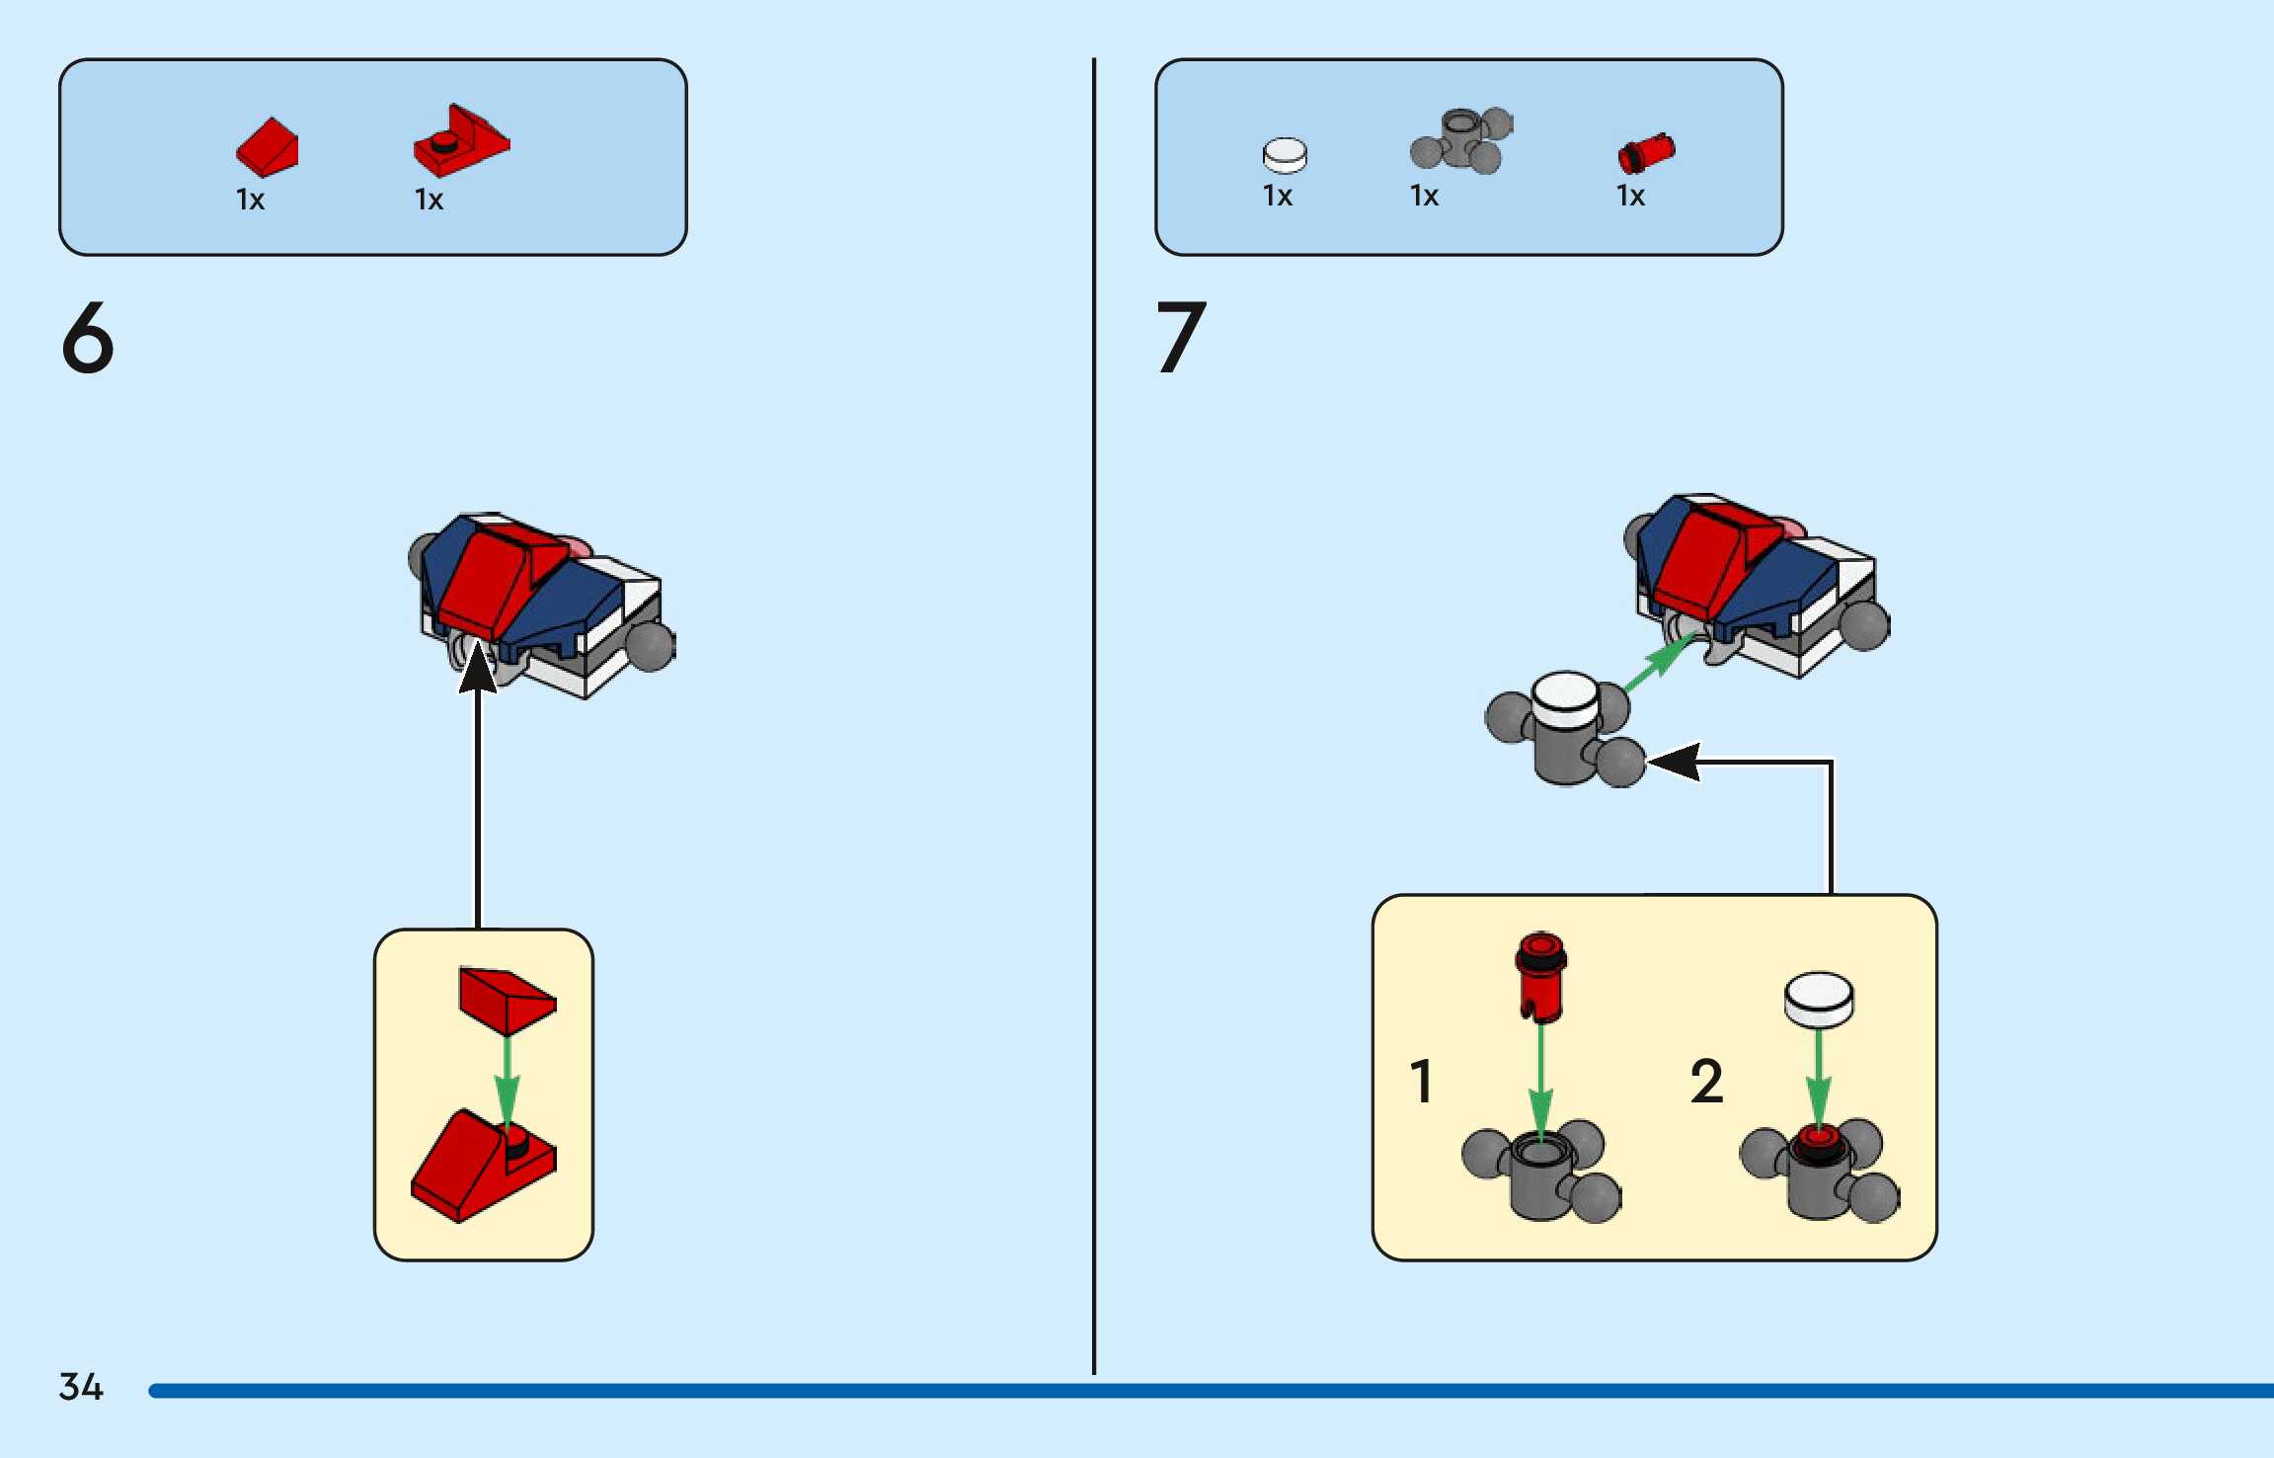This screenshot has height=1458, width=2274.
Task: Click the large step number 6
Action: tap(88, 337)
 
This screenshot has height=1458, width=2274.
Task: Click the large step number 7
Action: tap(1181, 337)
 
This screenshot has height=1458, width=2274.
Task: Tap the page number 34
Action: tap(81, 1387)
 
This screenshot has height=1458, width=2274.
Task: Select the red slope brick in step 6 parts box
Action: tap(267, 148)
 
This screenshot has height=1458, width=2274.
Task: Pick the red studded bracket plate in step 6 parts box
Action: tap(461, 140)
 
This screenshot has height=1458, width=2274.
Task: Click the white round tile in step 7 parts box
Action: tap(1285, 155)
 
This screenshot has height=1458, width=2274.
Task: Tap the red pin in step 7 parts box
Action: tap(1646, 153)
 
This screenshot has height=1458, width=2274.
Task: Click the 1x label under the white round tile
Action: tap(1278, 196)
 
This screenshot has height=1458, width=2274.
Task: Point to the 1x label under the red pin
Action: tap(1630, 196)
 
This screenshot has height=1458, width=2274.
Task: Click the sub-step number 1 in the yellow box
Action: tap(1421, 1081)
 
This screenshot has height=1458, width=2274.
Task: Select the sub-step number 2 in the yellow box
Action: tap(1707, 1081)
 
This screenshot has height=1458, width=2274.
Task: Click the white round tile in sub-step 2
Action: tap(1819, 1000)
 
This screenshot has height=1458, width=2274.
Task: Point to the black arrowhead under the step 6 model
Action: tap(478, 668)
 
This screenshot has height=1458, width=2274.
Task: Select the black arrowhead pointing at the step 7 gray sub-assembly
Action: tap(1674, 762)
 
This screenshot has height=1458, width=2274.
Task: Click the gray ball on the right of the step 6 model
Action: tap(650, 645)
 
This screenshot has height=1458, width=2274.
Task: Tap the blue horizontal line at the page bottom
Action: tap(1211, 1391)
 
